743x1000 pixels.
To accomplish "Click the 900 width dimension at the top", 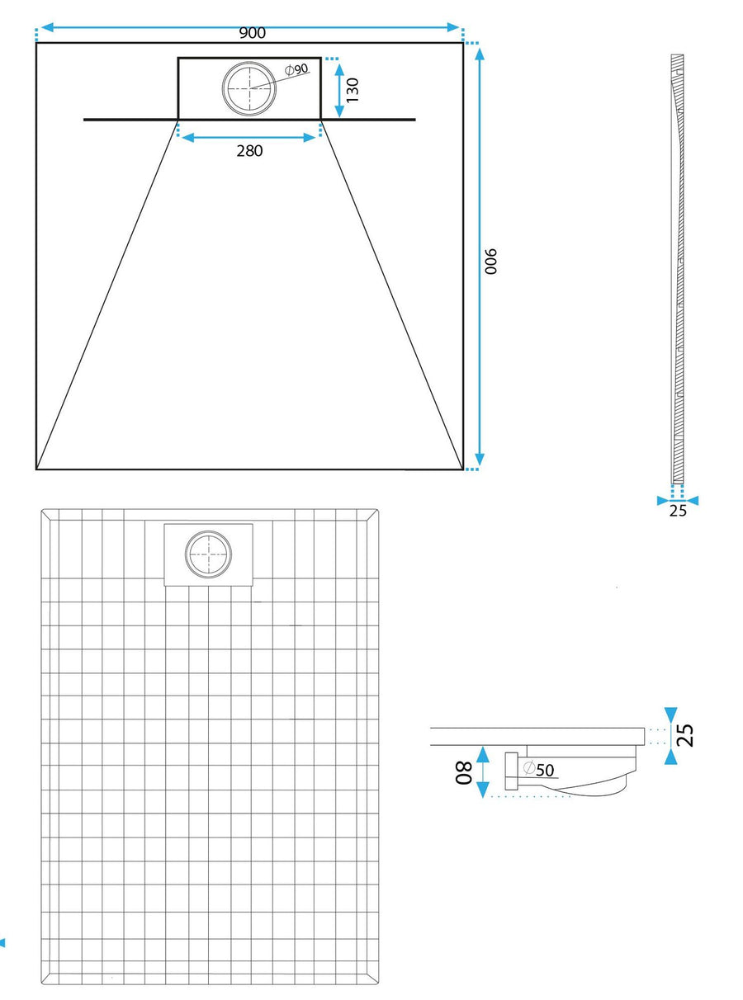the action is (252, 33).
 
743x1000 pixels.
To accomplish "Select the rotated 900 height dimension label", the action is (490, 261).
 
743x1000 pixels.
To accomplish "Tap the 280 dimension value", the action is (249, 151).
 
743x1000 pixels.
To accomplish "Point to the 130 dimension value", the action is (353, 90).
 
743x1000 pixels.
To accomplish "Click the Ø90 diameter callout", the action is (297, 69).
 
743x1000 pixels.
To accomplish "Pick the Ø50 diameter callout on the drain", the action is (539, 769).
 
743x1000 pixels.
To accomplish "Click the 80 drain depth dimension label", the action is (463, 773).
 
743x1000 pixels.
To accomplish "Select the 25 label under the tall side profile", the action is (678, 511).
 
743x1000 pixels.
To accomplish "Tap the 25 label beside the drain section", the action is (684, 735).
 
